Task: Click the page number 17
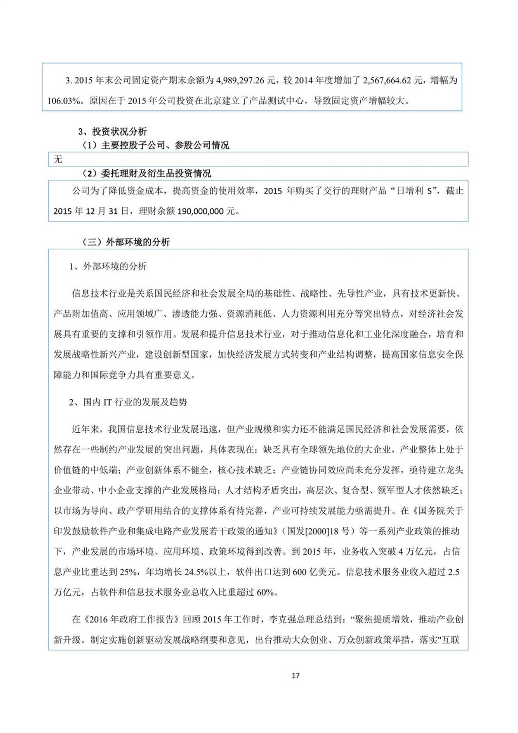295,676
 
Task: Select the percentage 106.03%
64,102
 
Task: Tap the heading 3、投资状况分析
112,132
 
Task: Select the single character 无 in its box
58,159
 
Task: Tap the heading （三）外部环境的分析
126,242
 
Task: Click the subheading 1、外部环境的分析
108,267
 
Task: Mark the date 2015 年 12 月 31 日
91,212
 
